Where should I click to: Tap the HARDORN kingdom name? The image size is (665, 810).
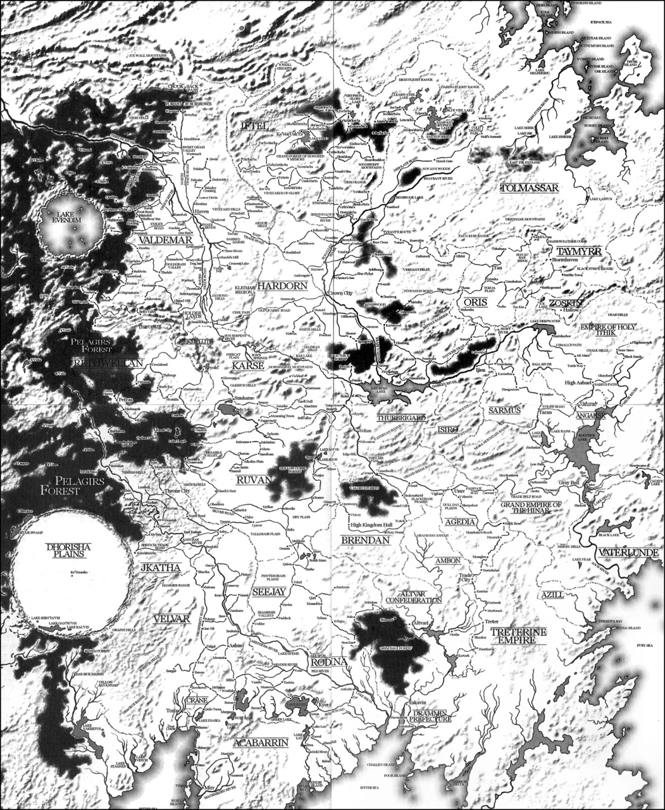click(282, 285)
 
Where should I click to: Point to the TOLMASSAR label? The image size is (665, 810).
click(529, 188)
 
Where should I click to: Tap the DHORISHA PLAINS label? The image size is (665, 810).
click(70, 549)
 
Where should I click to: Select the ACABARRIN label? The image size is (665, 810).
click(261, 742)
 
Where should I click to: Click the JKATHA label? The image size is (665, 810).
click(161, 568)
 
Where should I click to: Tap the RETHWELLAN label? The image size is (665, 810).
click(108, 363)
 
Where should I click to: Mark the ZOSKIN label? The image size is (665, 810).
click(564, 303)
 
